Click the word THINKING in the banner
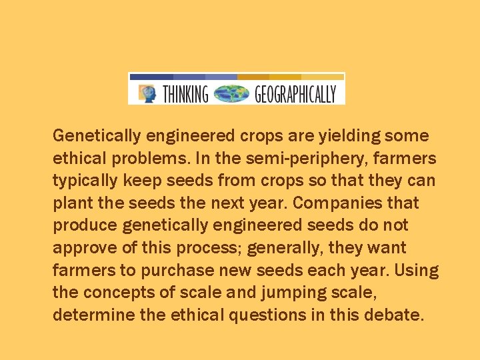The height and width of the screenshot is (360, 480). [185, 94]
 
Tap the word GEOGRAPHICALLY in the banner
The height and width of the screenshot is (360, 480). [295, 94]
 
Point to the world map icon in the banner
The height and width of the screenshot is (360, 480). [230, 93]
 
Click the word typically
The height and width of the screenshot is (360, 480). [84, 181]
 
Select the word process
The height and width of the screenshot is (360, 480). [205, 248]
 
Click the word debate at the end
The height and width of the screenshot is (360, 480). [395, 315]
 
